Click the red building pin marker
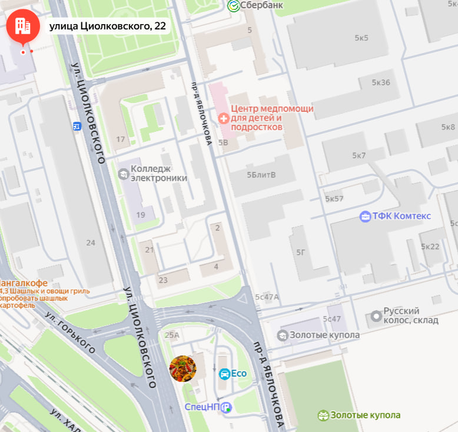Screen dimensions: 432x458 (23, 26)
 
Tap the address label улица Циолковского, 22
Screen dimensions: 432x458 (107, 26)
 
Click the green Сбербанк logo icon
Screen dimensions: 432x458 (233, 5)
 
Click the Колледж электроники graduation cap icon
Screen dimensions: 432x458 (123, 173)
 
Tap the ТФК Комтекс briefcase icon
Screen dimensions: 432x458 (366, 216)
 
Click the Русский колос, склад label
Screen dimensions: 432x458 (410, 315)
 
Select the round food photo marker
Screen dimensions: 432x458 (182, 369)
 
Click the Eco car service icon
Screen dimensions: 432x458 (224, 373)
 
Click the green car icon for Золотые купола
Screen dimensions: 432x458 (323, 415)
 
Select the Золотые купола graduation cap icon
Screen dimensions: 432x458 (283, 335)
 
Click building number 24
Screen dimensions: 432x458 (91, 242)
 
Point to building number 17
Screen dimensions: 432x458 (121, 139)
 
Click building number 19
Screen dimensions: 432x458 (141, 215)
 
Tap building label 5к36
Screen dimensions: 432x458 (381, 82)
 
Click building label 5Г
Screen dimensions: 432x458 (301, 252)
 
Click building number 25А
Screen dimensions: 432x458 (172, 335)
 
